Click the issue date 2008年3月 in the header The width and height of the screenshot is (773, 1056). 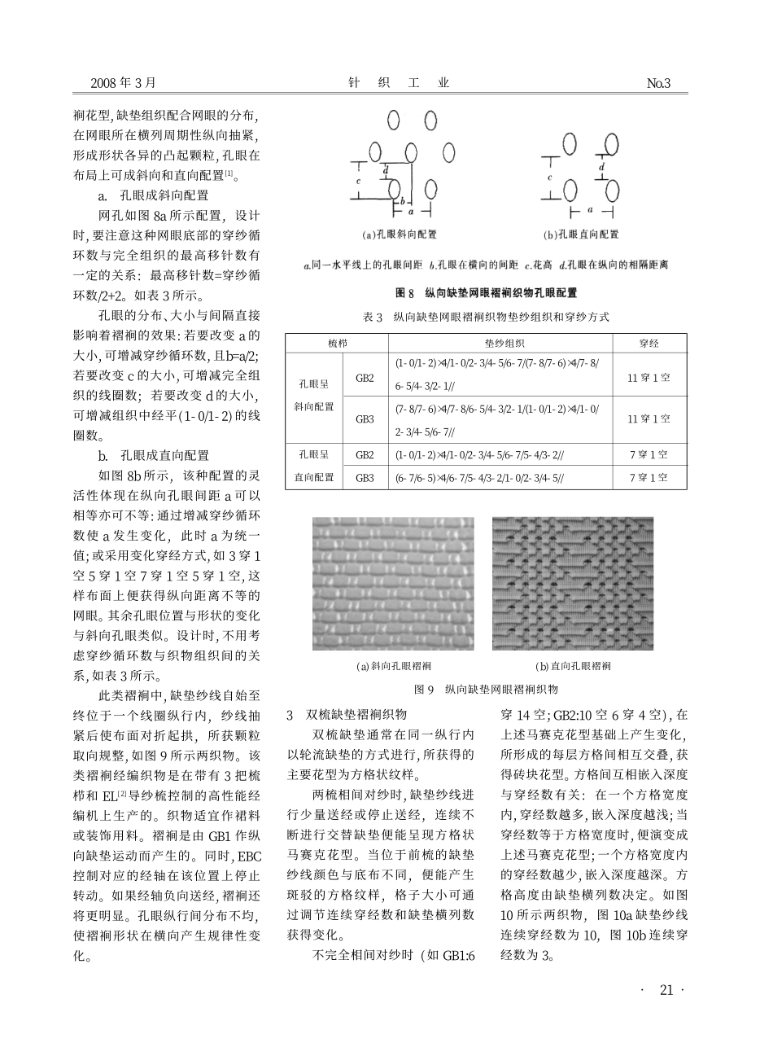[x=122, y=83]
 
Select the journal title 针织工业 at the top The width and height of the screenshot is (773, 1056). [x=398, y=83]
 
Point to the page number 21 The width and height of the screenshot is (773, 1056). [x=666, y=990]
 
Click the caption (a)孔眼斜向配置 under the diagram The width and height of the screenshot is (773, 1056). [x=400, y=234]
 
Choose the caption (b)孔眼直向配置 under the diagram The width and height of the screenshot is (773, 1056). [x=581, y=234]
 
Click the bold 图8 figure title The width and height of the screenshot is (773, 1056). [x=487, y=292]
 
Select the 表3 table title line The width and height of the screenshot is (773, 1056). [x=486, y=316]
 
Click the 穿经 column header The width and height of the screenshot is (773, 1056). [x=649, y=343]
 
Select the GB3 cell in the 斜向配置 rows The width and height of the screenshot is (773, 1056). [x=365, y=418]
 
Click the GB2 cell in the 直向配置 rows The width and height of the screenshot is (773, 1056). [x=365, y=454]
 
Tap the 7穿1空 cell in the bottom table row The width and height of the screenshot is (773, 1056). [x=649, y=478]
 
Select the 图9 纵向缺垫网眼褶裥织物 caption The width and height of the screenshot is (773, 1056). [x=486, y=689]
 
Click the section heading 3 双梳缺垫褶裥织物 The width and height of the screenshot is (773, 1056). [x=347, y=715]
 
